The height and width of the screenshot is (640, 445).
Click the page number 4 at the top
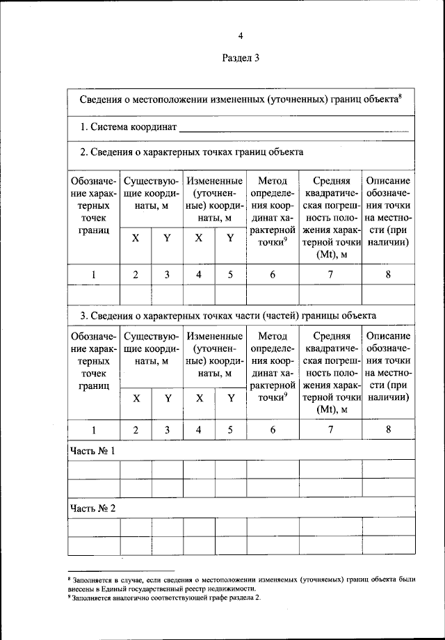click(241, 35)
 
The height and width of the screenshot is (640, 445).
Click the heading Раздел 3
click(241, 58)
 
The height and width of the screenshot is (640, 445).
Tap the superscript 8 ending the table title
click(402, 96)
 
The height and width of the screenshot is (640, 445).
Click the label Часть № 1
click(92, 451)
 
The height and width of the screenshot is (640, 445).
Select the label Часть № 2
click(92, 508)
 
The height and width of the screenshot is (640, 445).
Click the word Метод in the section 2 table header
click(273, 181)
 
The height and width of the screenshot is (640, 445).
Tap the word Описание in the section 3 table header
click(388, 337)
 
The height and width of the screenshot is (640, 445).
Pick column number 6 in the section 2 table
click(273, 274)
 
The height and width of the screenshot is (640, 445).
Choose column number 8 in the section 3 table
click(388, 430)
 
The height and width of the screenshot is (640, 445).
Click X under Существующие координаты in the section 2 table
click(136, 238)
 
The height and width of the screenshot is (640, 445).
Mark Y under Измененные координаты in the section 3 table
click(230, 399)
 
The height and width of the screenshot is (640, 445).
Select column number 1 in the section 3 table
click(94, 430)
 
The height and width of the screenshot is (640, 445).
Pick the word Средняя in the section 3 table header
click(330, 337)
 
